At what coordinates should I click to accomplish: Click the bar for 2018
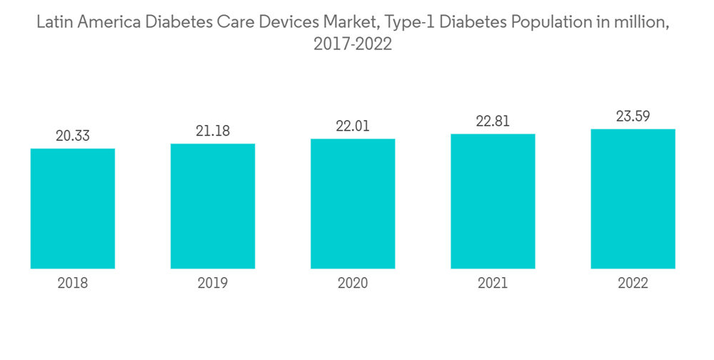[73, 209]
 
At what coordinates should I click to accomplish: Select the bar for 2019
[213, 206]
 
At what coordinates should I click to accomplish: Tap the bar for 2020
[353, 204]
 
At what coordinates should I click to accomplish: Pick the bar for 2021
[493, 201]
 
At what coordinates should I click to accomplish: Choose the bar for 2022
[633, 199]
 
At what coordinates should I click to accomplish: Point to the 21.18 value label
[213, 131]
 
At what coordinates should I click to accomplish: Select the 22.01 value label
[353, 126]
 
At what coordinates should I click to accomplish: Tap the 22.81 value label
[493, 121]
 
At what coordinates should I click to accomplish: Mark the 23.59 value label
[633, 116]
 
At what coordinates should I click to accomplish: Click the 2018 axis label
[73, 284]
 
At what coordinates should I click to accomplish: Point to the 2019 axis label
[213, 284]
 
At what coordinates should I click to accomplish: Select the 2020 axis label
[353, 284]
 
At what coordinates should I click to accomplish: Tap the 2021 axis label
[493, 284]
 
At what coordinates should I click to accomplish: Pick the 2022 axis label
[633, 284]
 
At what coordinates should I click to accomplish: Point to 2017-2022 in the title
[353, 44]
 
